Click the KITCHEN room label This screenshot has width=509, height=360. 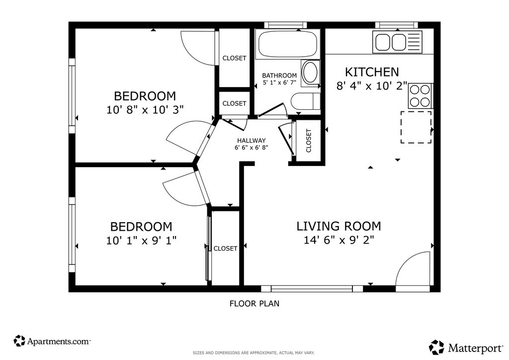click(x=372, y=72)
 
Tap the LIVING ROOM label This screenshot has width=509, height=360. click(x=339, y=226)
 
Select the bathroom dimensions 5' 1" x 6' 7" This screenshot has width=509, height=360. click(x=279, y=83)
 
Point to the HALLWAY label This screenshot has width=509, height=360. click(x=251, y=141)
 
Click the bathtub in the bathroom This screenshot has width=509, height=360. click(x=287, y=44)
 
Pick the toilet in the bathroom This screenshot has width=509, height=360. click(x=306, y=101)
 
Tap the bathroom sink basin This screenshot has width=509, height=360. click(x=310, y=73)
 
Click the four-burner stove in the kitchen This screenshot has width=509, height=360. click(x=420, y=96)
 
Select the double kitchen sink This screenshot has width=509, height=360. click(x=397, y=42)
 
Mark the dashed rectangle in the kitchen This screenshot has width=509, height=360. click(x=416, y=127)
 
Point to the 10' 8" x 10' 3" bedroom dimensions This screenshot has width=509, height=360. click(x=145, y=110)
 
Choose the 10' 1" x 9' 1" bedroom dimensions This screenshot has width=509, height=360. click(x=142, y=241)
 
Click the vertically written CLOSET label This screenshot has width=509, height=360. click(x=308, y=141)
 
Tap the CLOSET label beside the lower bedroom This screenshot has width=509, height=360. click(x=225, y=248)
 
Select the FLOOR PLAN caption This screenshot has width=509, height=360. click(x=254, y=303)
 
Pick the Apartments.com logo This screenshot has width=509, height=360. click(x=52, y=341)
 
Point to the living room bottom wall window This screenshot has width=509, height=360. click(x=312, y=288)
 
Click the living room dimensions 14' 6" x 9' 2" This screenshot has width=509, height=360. click(x=339, y=240)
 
